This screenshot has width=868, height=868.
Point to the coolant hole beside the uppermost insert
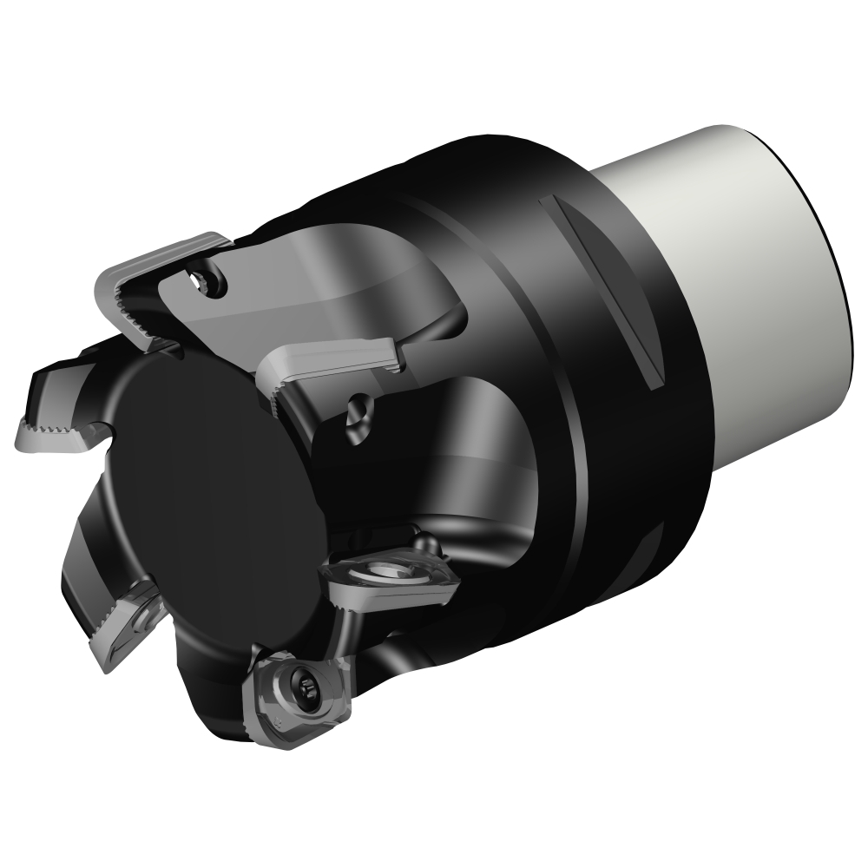(x=208, y=278)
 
